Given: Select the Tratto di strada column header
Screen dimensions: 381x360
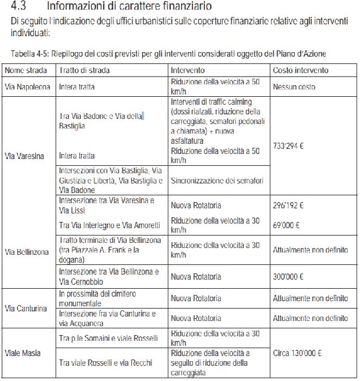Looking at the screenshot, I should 85,71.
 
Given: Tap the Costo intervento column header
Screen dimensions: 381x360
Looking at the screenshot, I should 301,71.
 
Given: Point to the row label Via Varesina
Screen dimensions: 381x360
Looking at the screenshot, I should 24,156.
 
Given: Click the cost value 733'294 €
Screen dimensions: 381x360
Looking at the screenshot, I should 289,145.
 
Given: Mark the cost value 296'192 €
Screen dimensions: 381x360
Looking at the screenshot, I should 289,206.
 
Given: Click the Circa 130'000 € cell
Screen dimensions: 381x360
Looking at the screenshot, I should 297,352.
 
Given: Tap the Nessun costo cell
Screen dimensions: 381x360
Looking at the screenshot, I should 294,87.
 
